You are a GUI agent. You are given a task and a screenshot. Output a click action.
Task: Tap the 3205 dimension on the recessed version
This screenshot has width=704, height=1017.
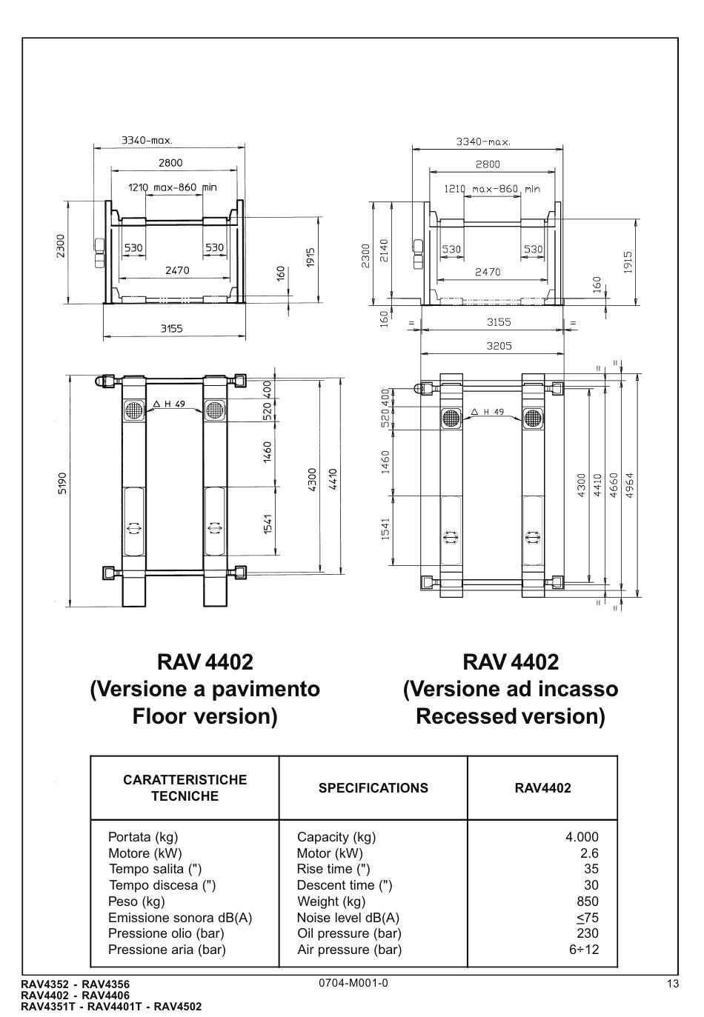click(499, 345)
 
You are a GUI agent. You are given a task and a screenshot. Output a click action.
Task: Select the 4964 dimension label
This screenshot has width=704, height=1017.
click(630, 484)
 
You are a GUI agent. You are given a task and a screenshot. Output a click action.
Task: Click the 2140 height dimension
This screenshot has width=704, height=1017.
click(383, 252)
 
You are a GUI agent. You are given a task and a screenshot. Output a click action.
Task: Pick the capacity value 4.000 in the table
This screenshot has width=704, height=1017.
click(581, 837)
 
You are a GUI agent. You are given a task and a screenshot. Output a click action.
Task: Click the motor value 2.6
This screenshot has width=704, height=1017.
click(589, 853)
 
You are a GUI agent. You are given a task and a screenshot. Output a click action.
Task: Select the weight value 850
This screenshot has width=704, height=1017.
click(588, 901)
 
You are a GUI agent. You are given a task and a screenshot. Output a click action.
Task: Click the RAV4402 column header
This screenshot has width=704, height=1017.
click(542, 788)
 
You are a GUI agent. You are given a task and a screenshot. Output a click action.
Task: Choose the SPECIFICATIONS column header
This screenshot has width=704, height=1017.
click(373, 788)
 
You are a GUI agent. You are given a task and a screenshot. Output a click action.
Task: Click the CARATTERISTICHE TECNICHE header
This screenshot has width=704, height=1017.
click(185, 788)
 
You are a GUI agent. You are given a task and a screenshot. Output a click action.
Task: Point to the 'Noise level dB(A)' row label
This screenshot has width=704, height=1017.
click(348, 918)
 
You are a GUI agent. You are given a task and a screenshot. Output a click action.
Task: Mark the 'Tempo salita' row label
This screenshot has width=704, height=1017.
click(155, 869)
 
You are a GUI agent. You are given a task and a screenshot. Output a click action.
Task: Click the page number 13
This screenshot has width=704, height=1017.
click(672, 984)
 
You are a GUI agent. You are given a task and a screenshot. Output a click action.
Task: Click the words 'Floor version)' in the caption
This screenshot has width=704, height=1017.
click(205, 716)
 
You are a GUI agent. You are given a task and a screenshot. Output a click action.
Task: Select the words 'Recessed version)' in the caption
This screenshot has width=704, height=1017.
click(510, 716)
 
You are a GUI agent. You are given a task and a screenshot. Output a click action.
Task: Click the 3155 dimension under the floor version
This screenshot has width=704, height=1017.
click(171, 328)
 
